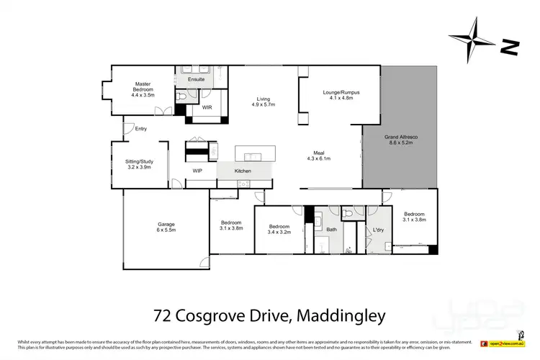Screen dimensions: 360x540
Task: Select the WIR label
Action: point(207,107)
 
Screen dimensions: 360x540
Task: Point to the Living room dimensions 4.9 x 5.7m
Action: point(263,104)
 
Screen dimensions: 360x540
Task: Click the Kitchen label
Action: point(243,171)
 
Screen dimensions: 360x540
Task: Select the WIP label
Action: point(197,171)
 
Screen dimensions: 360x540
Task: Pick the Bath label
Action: point(331,230)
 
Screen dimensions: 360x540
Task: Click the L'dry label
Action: point(377,230)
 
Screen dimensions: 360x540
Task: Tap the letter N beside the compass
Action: point(509,48)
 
